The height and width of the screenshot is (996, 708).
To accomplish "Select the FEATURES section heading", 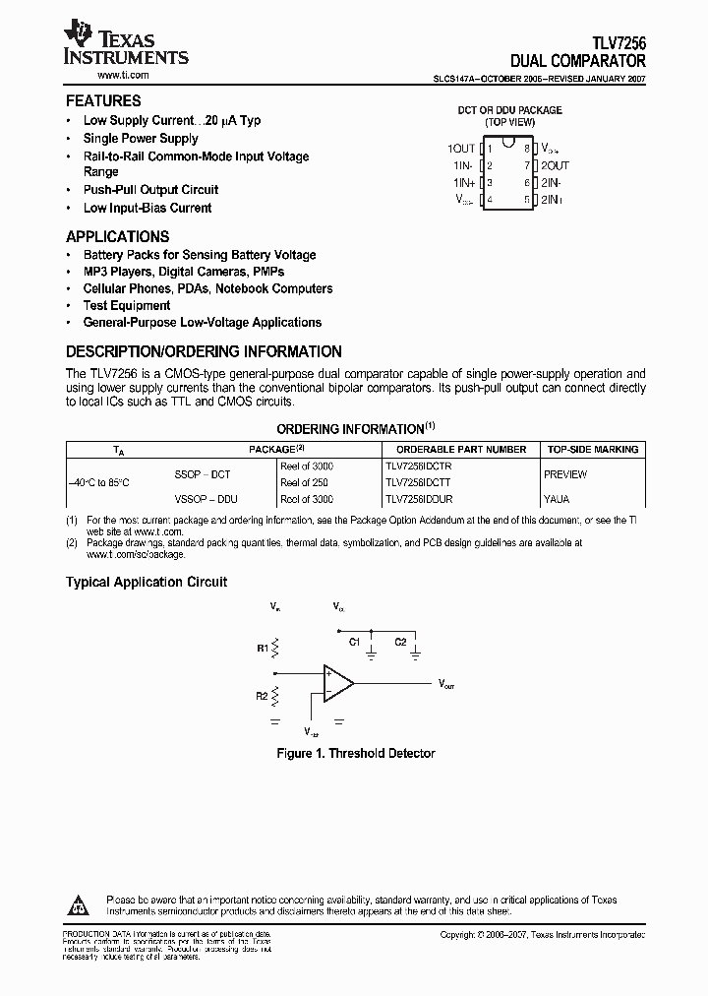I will [x=103, y=100].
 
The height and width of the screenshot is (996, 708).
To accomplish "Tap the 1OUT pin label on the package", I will [x=461, y=149].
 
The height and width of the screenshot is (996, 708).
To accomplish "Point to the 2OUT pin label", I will [x=555, y=165].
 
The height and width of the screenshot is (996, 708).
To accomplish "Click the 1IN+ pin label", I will [x=464, y=182].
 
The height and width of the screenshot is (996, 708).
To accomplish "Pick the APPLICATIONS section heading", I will [x=117, y=236].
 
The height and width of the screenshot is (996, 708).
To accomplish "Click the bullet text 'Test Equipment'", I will [x=126, y=305].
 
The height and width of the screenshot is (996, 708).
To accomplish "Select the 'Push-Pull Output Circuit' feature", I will [x=150, y=189].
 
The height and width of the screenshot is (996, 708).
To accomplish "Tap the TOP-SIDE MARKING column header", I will [x=592, y=449].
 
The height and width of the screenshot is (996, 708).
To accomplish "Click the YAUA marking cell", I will [x=557, y=499].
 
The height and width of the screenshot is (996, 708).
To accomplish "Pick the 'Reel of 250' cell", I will [x=305, y=482].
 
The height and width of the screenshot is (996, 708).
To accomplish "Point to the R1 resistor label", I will [x=263, y=648].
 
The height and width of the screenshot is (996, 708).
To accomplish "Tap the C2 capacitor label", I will [x=400, y=641].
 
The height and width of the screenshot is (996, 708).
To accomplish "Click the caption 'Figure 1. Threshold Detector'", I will [x=354, y=753].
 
